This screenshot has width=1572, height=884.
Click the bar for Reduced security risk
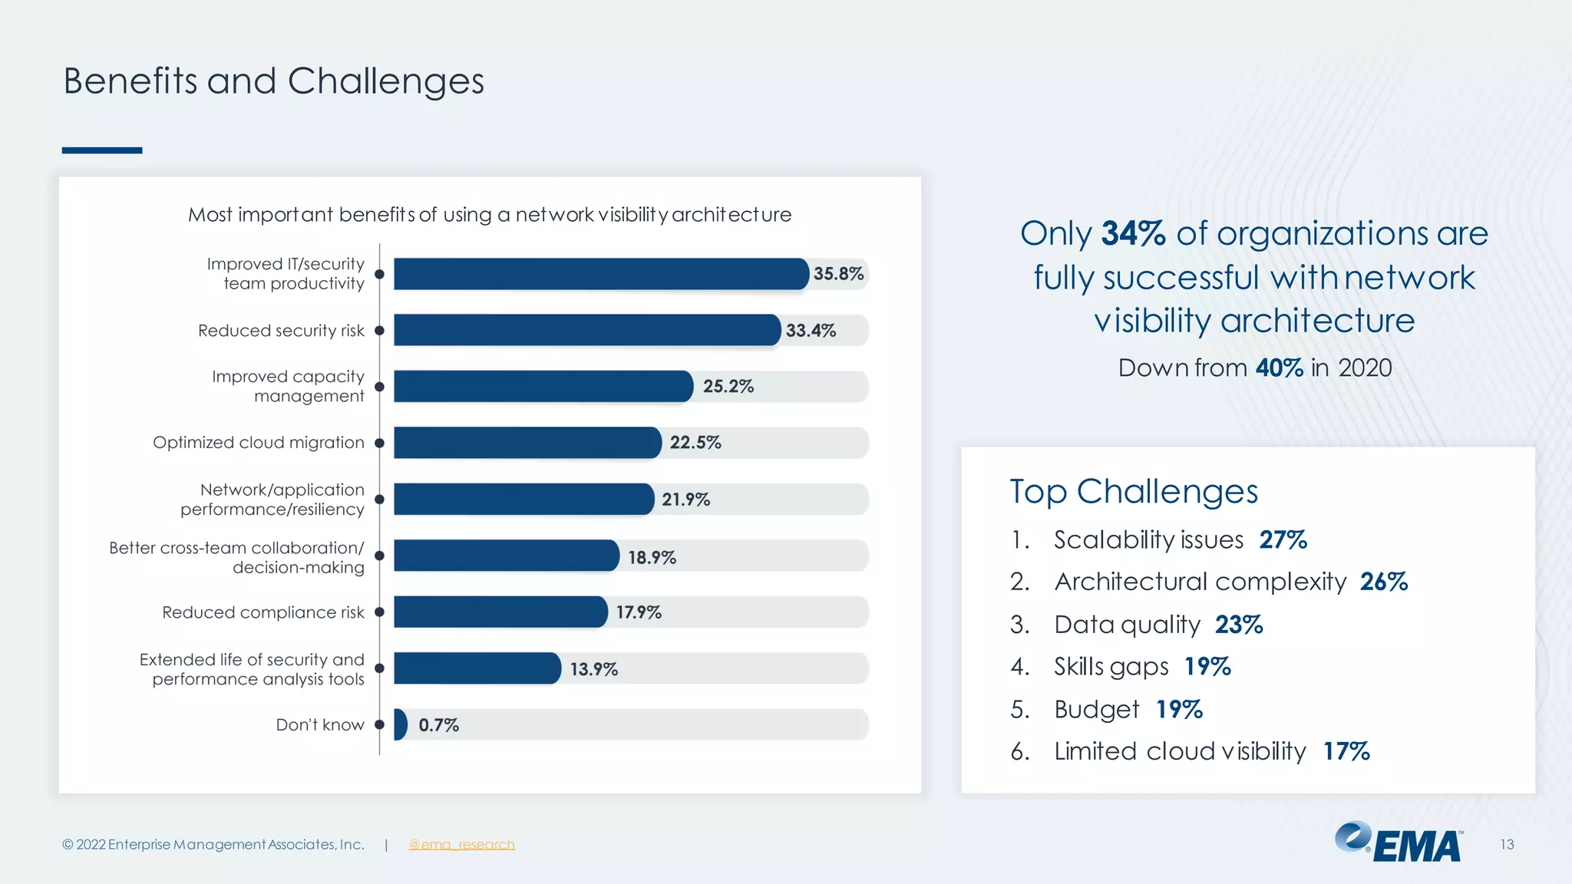[x=587, y=330]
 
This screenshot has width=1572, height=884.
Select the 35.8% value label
[x=838, y=274]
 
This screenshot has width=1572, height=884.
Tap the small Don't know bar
[x=400, y=724]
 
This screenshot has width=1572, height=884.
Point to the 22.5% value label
[x=695, y=443]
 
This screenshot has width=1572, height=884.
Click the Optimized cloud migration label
[x=258, y=443]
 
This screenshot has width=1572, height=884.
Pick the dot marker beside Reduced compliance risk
[x=379, y=612]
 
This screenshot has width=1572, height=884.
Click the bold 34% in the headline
[x=1133, y=233]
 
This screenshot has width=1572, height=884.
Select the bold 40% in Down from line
[x=1279, y=368]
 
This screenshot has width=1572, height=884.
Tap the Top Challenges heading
[x=1133, y=491]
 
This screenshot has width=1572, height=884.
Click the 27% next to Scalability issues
[x=1283, y=539]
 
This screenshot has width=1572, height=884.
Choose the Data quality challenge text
[x=1127, y=625]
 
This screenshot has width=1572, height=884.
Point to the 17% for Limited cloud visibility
[x=1346, y=751]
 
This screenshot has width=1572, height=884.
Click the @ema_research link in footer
[x=461, y=844]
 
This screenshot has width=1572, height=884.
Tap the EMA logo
[x=1399, y=843]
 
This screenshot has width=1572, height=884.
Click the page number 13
[x=1507, y=844]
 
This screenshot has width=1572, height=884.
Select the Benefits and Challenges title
[x=273, y=81]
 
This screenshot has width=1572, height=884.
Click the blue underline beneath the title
[x=102, y=150]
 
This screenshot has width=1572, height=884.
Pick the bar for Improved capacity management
[x=543, y=387]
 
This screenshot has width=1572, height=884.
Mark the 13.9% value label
[x=593, y=669]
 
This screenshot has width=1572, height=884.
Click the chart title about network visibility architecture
[x=490, y=215]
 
